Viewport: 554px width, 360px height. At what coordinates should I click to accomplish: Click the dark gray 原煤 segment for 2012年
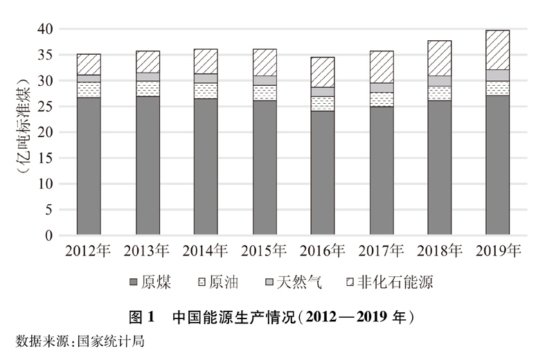89,166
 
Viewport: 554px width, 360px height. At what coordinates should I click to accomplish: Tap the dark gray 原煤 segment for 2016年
322,173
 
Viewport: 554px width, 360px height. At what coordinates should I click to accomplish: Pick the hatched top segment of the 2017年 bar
381,67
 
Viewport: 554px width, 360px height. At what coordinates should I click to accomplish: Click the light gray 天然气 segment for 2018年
439,81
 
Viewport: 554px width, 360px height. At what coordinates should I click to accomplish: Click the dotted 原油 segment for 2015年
264,93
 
